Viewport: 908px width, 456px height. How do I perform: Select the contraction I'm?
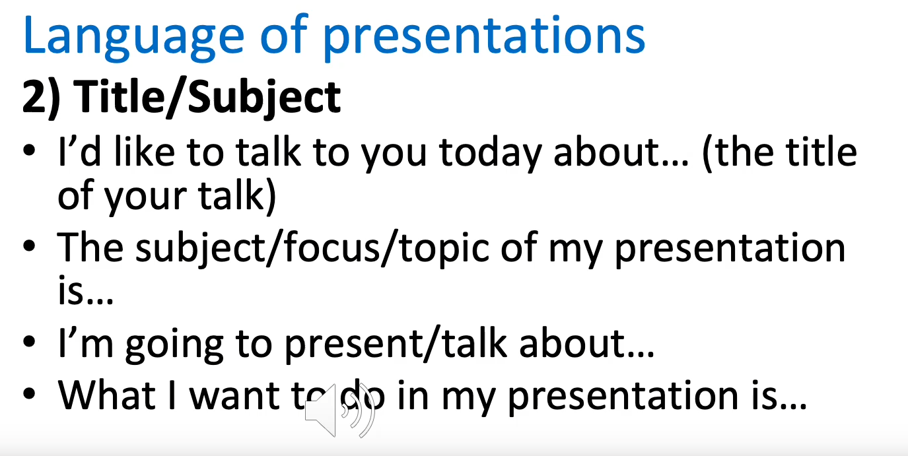click(x=86, y=343)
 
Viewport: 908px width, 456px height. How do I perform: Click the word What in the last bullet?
click(x=107, y=395)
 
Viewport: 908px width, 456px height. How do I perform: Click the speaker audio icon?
click(x=339, y=410)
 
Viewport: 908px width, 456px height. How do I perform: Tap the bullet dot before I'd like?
click(x=29, y=150)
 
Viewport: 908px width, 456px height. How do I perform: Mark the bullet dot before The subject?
click(x=29, y=246)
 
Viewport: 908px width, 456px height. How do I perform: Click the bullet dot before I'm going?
click(x=29, y=341)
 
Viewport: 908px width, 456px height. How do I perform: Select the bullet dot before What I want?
click(x=29, y=393)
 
